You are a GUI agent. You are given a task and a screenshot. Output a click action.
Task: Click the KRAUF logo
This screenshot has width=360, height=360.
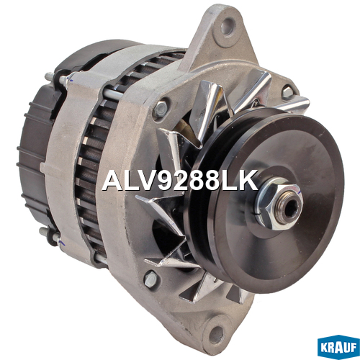coord(338,347)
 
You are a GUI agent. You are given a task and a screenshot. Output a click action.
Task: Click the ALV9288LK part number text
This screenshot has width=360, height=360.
coord(180,181)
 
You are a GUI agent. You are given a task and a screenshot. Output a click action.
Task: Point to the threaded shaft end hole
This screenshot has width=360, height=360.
coord(290,206)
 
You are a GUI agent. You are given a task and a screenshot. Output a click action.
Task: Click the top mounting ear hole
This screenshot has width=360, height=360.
coord(227,26)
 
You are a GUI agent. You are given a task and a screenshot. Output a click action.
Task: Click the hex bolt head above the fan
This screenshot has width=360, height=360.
coord(160,109)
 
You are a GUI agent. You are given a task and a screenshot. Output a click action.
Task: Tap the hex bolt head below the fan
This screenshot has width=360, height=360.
coord(150,279)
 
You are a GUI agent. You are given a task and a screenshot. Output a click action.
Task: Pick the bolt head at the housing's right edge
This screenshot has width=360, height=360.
coord(287,92)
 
